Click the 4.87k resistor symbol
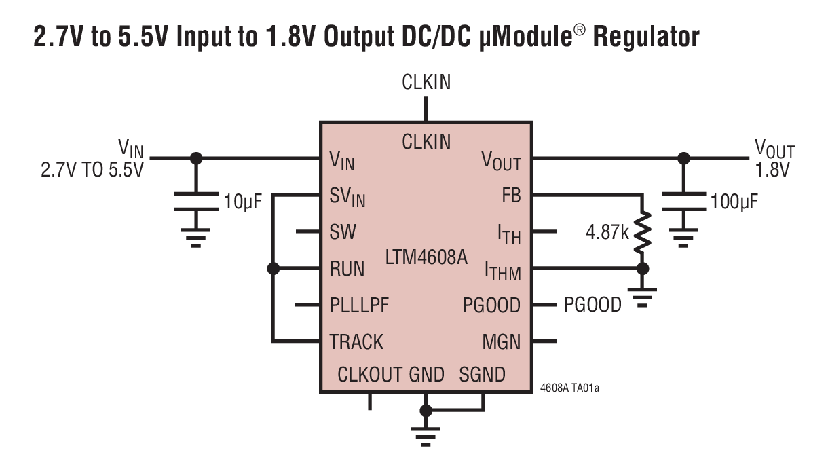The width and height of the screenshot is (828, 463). [x=641, y=232]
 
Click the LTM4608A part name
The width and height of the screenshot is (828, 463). [x=426, y=258]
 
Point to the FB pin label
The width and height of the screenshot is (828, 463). [x=510, y=196]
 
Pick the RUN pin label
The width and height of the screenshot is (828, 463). [x=347, y=269]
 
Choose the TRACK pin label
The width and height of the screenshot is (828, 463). [x=356, y=341]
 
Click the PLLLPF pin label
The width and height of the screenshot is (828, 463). [x=360, y=305]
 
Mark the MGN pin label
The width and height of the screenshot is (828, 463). [x=502, y=341]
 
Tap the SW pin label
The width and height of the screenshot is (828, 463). [x=343, y=232]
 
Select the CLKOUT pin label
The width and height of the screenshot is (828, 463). [x=370, y=374]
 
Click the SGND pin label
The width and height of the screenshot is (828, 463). [x=483, y=374]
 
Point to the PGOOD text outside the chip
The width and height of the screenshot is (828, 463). [x=592, y=305]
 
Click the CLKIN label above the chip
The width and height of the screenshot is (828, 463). [x=426, y=83]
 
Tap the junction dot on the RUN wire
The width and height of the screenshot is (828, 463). [x=274, y=269]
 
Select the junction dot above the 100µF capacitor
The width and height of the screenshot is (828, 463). [x=683, y=158]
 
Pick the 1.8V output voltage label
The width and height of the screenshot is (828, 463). [x=773, y=170]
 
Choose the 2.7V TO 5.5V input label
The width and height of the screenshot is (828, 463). [x=92, y=170]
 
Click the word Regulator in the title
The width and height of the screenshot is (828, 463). [x=646, y=37]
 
